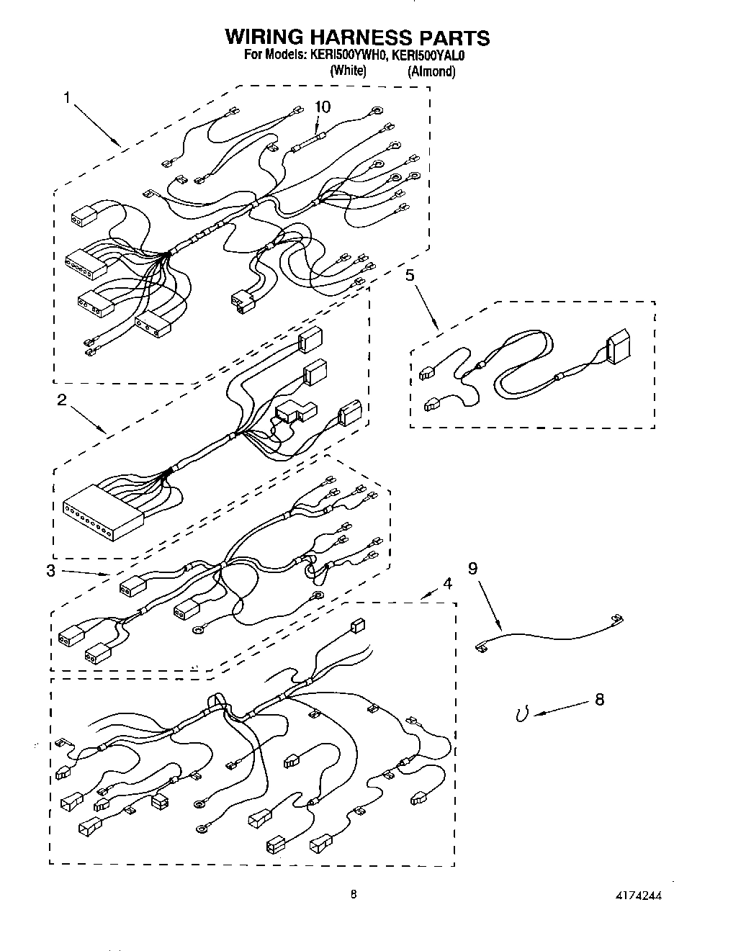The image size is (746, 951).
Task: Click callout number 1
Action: (x=67, y=99)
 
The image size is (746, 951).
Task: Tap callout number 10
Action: (x=323, y=107)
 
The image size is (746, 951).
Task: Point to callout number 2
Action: (x=61, y=400)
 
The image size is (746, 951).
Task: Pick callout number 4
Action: (x=447, y=584)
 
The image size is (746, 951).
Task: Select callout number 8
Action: (x=600, y=698)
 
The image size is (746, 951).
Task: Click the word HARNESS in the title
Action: (x=357, y=37)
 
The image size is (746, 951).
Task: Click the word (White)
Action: (x=348, y=71)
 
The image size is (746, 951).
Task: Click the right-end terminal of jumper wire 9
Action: (x=616, y=618)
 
